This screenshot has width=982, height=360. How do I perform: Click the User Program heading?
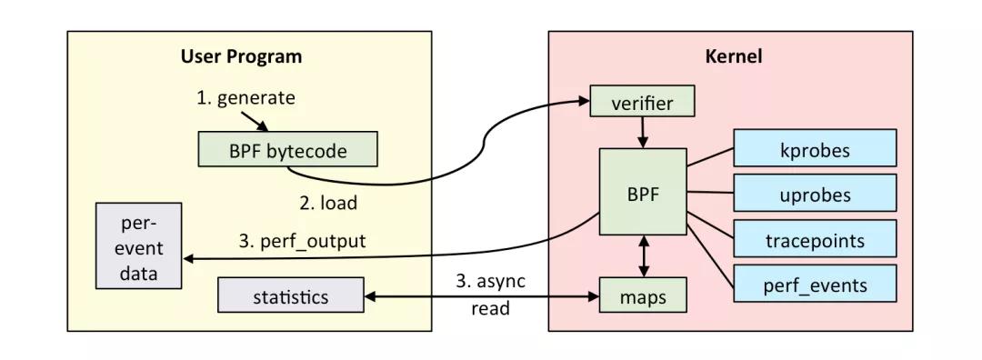pyautogui.click(x=241, y=56)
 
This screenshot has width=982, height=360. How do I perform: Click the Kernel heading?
pyautogui.click(x=733, y=56)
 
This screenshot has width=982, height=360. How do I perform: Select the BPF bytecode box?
pyautogui.click(x=287, y=151)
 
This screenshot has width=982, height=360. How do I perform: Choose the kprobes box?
pyautogui.click(x=815, y=149)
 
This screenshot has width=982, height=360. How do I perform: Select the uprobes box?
pyautogui.click(x=815, y=195)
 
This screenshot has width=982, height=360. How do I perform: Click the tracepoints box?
pyautogui.click(x=815, y=241)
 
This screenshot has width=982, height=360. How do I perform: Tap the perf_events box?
pyautogui.click(x=815, y=286)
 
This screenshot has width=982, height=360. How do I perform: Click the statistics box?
pyautogui.click(x=291, y=296)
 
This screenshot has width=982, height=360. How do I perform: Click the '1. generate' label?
pyautogui.click(x=245, y=97)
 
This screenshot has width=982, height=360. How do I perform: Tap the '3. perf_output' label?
pyautogui.click(x=303, y=242)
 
